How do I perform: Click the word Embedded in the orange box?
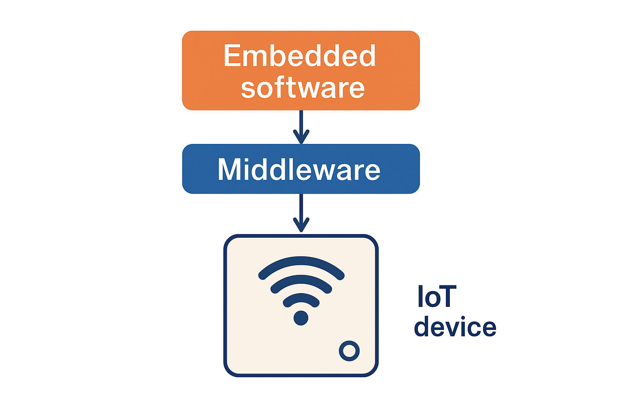300,56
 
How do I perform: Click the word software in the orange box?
302,88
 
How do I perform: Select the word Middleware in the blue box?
299,169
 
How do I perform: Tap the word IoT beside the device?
437,296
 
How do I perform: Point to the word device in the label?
455,327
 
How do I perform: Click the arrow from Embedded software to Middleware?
301,123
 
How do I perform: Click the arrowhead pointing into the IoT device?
301,226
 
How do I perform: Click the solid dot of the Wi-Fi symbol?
301,318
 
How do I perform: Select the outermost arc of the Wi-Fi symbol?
301,262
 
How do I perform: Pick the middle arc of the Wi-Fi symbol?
301,281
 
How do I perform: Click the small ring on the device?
349,351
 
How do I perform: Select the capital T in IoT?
448,296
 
